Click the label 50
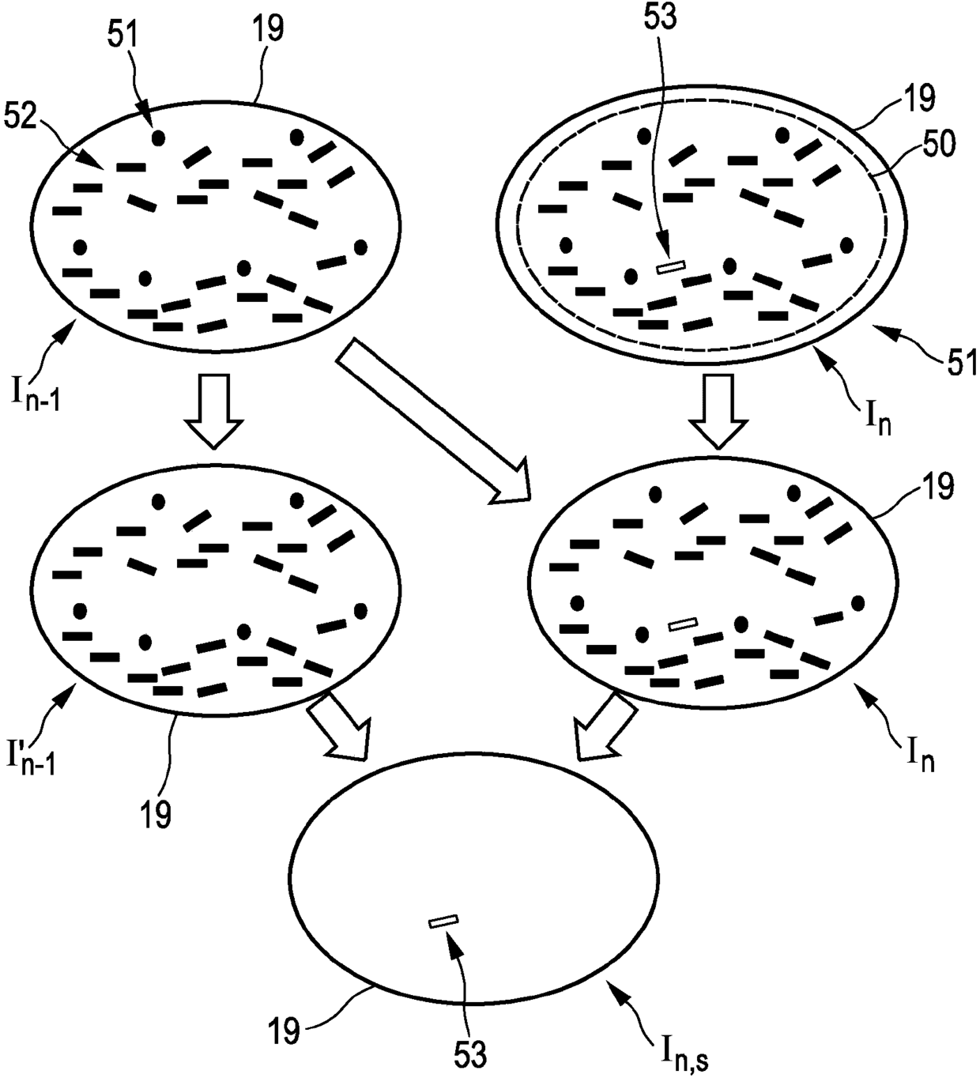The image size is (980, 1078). tap(937, 143)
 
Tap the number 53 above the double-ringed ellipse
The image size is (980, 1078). tap(661, 17)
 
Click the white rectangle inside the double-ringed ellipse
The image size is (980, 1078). tap(672, 267)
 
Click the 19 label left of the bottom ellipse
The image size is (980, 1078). tap(282, 1030)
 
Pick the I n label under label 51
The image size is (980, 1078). tap(875, 416)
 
